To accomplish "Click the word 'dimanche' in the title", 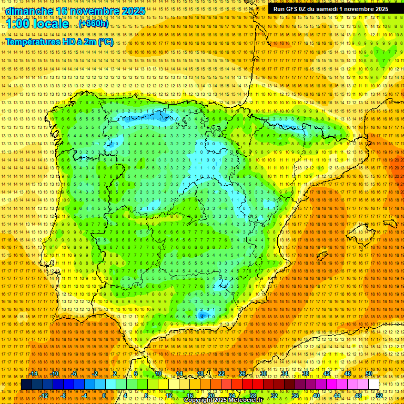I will (x=28, y=11).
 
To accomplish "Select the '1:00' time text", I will (x=20, y=24).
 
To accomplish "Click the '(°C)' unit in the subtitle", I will (x=105, y=42).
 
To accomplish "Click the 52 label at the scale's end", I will (x=379, y=395).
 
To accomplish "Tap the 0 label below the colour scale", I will (x=105, y=395).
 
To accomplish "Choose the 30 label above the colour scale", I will (x=263, y=373).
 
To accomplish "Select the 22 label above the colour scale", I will (x=221, y=373).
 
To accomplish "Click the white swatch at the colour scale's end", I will (x=373, y=385).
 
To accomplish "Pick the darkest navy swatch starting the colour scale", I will (x=26, y=385).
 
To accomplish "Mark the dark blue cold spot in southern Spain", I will (x=202, y=316).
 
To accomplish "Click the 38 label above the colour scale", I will (x=305, y=373).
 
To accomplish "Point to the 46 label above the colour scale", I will (x=347, y=373).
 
